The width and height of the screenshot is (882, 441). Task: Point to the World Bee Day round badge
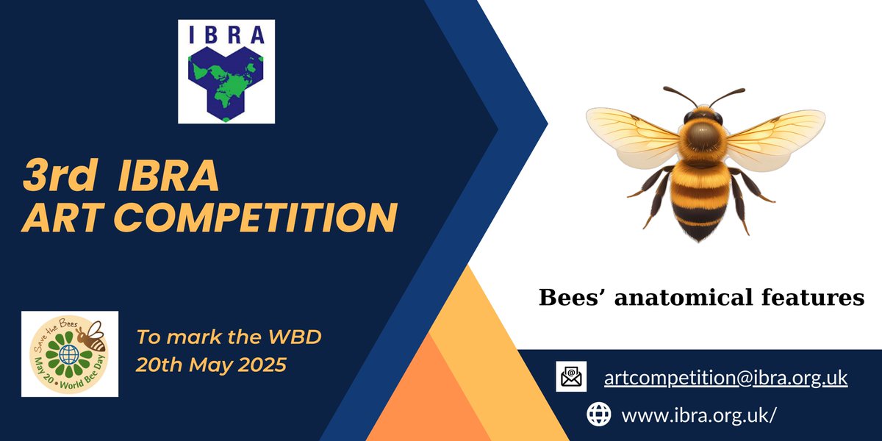(70, 354)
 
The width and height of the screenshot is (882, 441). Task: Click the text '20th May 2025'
(210, 365)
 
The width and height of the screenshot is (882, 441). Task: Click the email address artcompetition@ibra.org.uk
(725, 378)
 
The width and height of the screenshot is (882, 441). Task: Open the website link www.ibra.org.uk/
(698, 415)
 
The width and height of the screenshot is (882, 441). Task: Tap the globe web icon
(598, 415)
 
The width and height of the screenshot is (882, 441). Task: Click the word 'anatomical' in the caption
(681, 298)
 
